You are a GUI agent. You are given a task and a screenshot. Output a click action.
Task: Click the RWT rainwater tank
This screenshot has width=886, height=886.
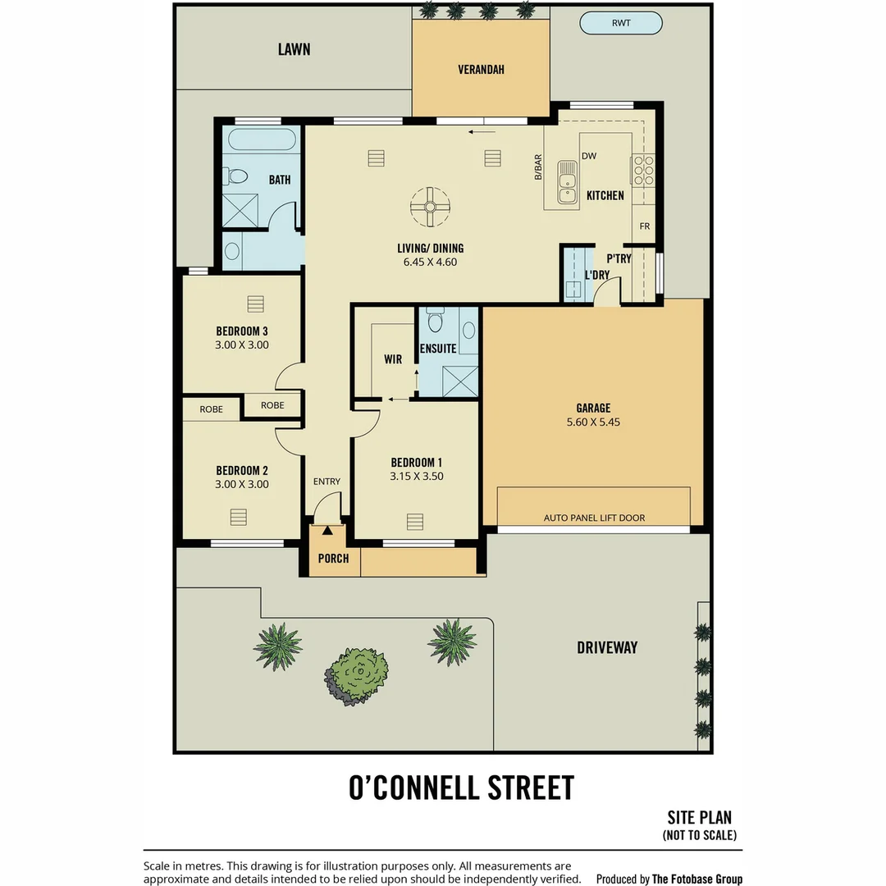click(x=621, y=23)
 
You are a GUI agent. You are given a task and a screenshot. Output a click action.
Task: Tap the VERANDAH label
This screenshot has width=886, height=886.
click(x=481, y=70)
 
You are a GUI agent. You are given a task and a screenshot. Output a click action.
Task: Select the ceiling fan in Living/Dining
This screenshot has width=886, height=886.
click(x=430, y=207)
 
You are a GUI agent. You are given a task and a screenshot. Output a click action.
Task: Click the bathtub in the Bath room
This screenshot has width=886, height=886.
click(x=262, y=139)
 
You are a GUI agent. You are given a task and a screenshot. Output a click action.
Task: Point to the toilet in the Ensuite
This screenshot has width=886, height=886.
click(x=435, y=320)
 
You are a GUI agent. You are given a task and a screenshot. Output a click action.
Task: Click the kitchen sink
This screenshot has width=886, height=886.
click(x=567, y=182)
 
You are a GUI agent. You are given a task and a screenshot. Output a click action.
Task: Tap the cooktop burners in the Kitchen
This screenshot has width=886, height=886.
click(x=643, y=170)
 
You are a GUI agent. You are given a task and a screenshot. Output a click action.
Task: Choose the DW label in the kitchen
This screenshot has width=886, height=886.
click(x=589, y=156)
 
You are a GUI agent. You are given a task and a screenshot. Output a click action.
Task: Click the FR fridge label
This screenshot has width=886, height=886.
click(x=645, y=226)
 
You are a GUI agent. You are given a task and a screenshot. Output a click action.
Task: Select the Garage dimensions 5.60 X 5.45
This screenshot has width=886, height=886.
click(x=593, y=422)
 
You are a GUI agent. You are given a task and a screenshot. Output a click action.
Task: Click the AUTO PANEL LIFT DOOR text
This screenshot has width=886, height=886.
click(x=594, y=518)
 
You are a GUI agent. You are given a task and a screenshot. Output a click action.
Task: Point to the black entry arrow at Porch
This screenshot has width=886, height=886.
click(x=327, y=531)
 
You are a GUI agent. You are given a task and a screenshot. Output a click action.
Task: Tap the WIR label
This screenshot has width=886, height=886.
click(x=393, y=359)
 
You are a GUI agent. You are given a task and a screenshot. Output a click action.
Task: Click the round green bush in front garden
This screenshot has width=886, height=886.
click(x=357, y=676)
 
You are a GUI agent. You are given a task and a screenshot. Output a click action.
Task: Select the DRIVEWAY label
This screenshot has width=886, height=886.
click(x=607, y=647)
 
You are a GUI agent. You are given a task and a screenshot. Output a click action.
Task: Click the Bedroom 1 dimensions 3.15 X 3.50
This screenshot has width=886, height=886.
click(x=417, y=477)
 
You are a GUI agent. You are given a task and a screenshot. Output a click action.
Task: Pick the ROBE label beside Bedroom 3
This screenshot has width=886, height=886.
click(x=272, y=405)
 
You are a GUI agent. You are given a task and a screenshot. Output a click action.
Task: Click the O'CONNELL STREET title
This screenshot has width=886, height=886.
click(x=461, y=788)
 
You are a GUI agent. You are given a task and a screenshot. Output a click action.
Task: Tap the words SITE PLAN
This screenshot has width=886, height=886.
click(x=700, y=818)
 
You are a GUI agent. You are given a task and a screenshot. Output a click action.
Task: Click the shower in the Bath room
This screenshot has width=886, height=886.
click(x=240, y=211)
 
